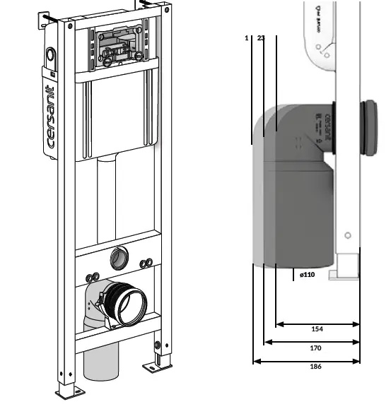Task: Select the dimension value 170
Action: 316,348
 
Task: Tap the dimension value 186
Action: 316,367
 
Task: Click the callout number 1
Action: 246,38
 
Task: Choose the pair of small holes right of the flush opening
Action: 147,263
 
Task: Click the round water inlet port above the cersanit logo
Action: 50,55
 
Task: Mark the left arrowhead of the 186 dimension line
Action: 255,362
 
